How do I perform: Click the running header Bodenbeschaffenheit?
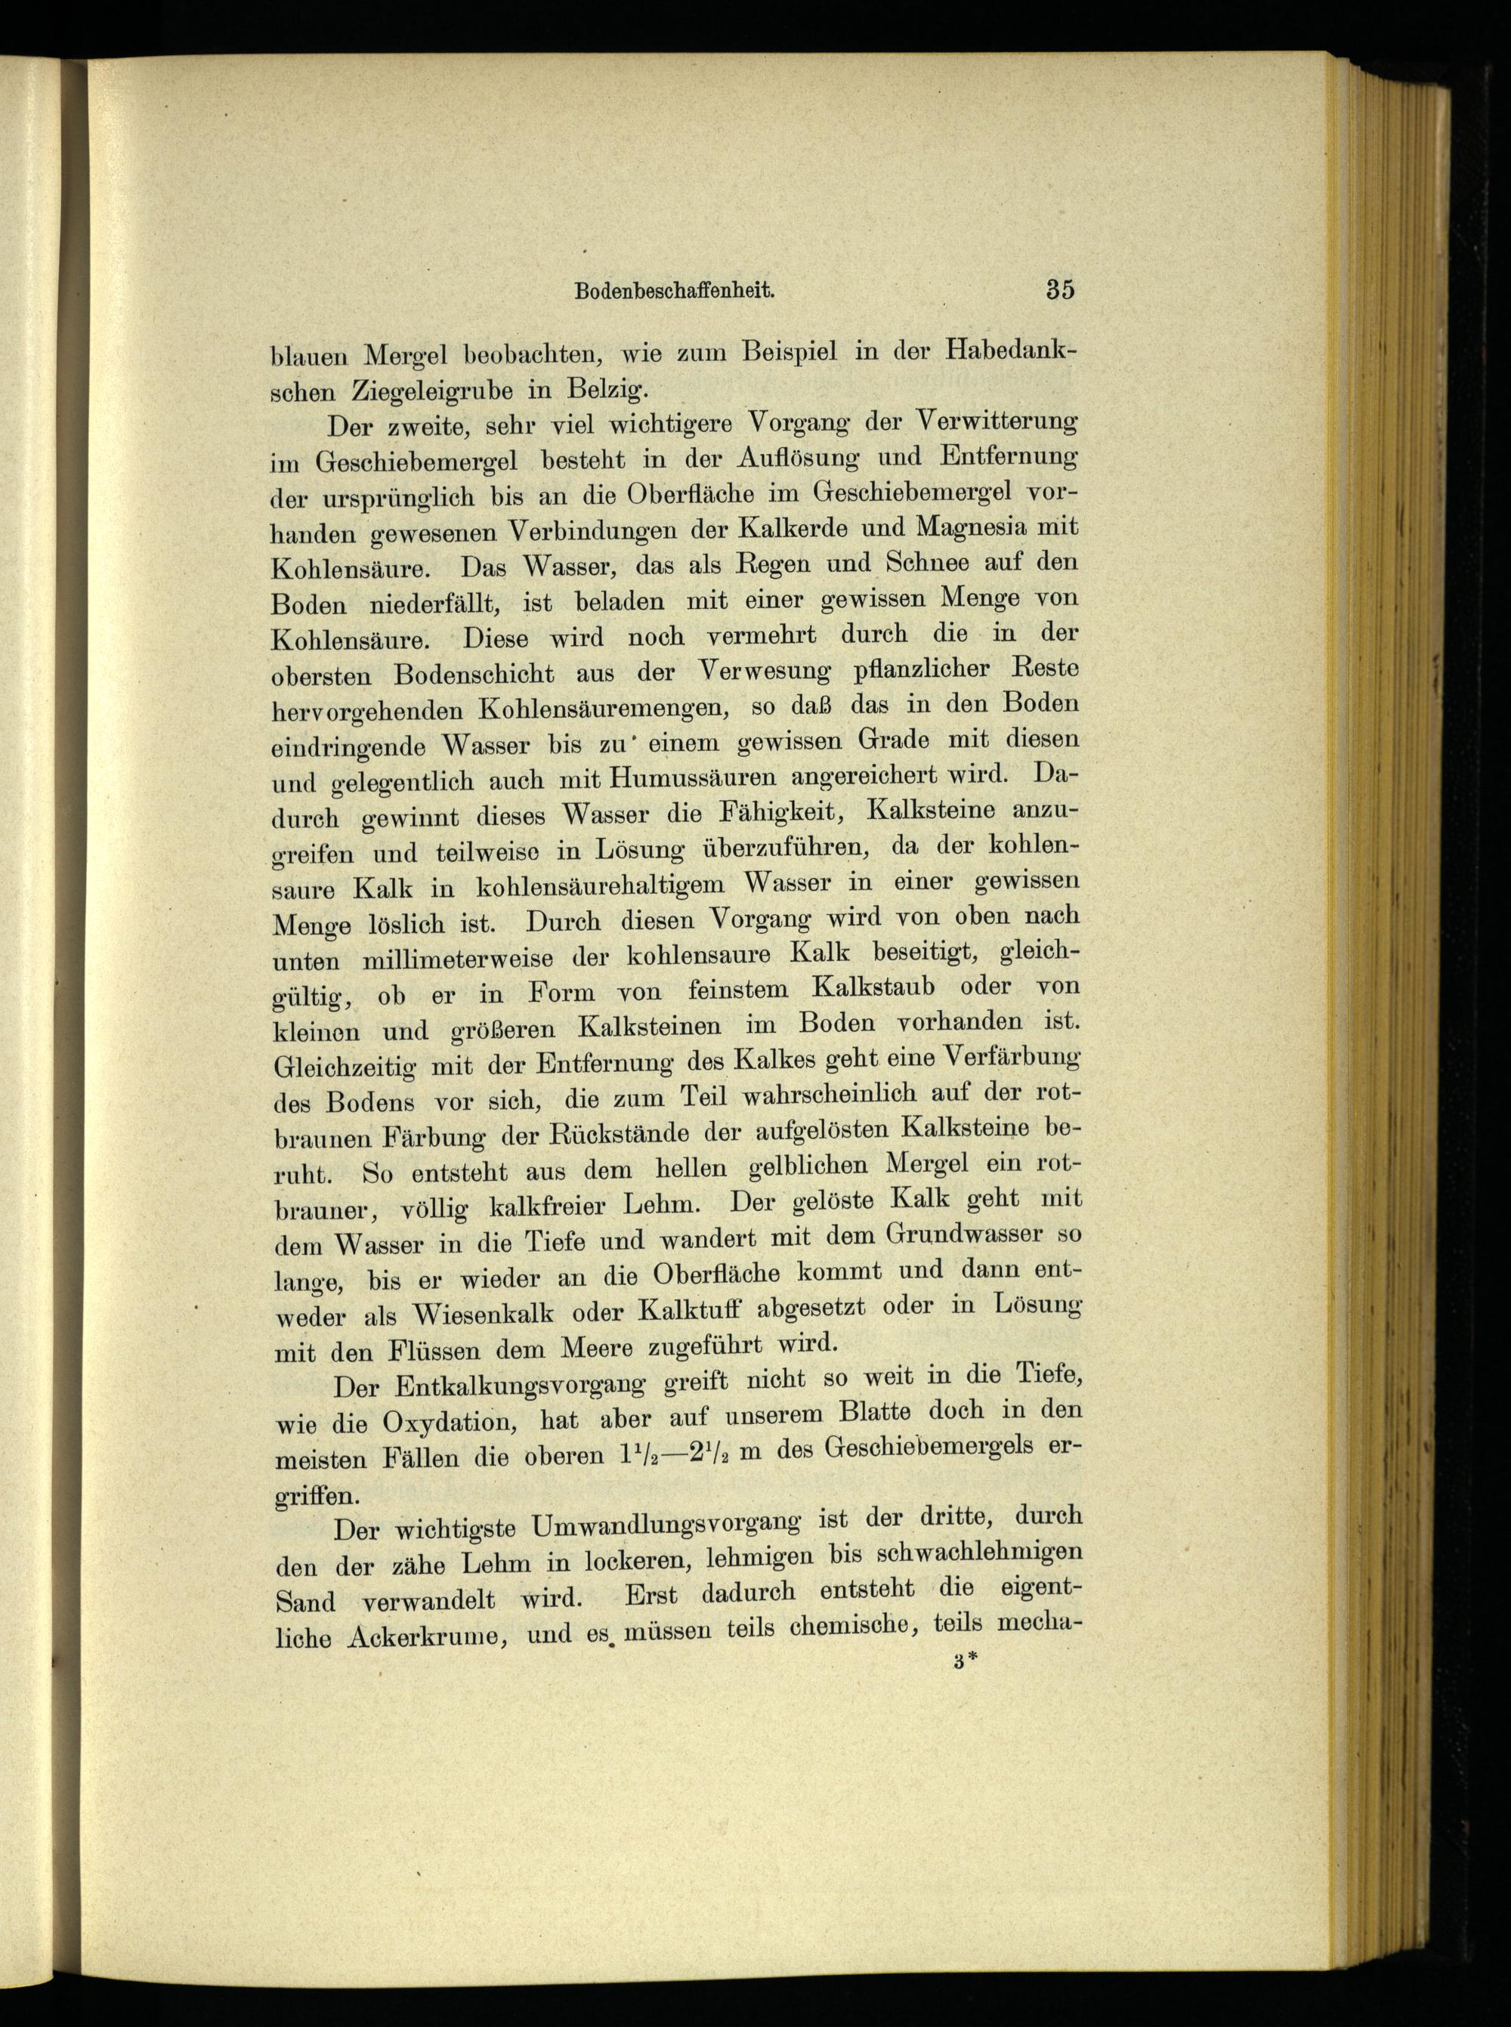coord(675,291)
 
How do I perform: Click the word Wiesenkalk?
coord(484,1314)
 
